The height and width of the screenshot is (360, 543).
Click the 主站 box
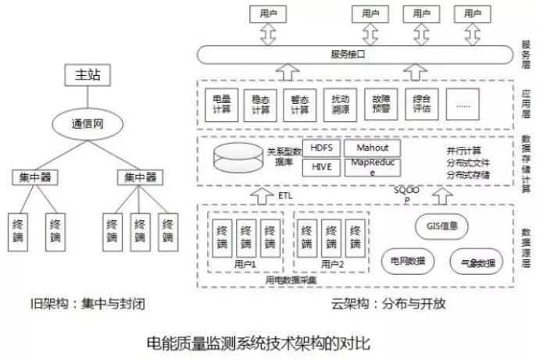click(88, 77)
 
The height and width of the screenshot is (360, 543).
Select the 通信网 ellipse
click(88, 123)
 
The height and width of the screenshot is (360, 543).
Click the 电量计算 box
click(221, 103)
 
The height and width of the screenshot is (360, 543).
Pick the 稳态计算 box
click(259, 103)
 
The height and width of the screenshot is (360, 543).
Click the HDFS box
click(320, 148)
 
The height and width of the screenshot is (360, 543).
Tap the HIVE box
click(320, 166)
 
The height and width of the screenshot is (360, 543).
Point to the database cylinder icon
click(238, 159)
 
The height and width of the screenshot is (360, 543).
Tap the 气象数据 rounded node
click(477, 262)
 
